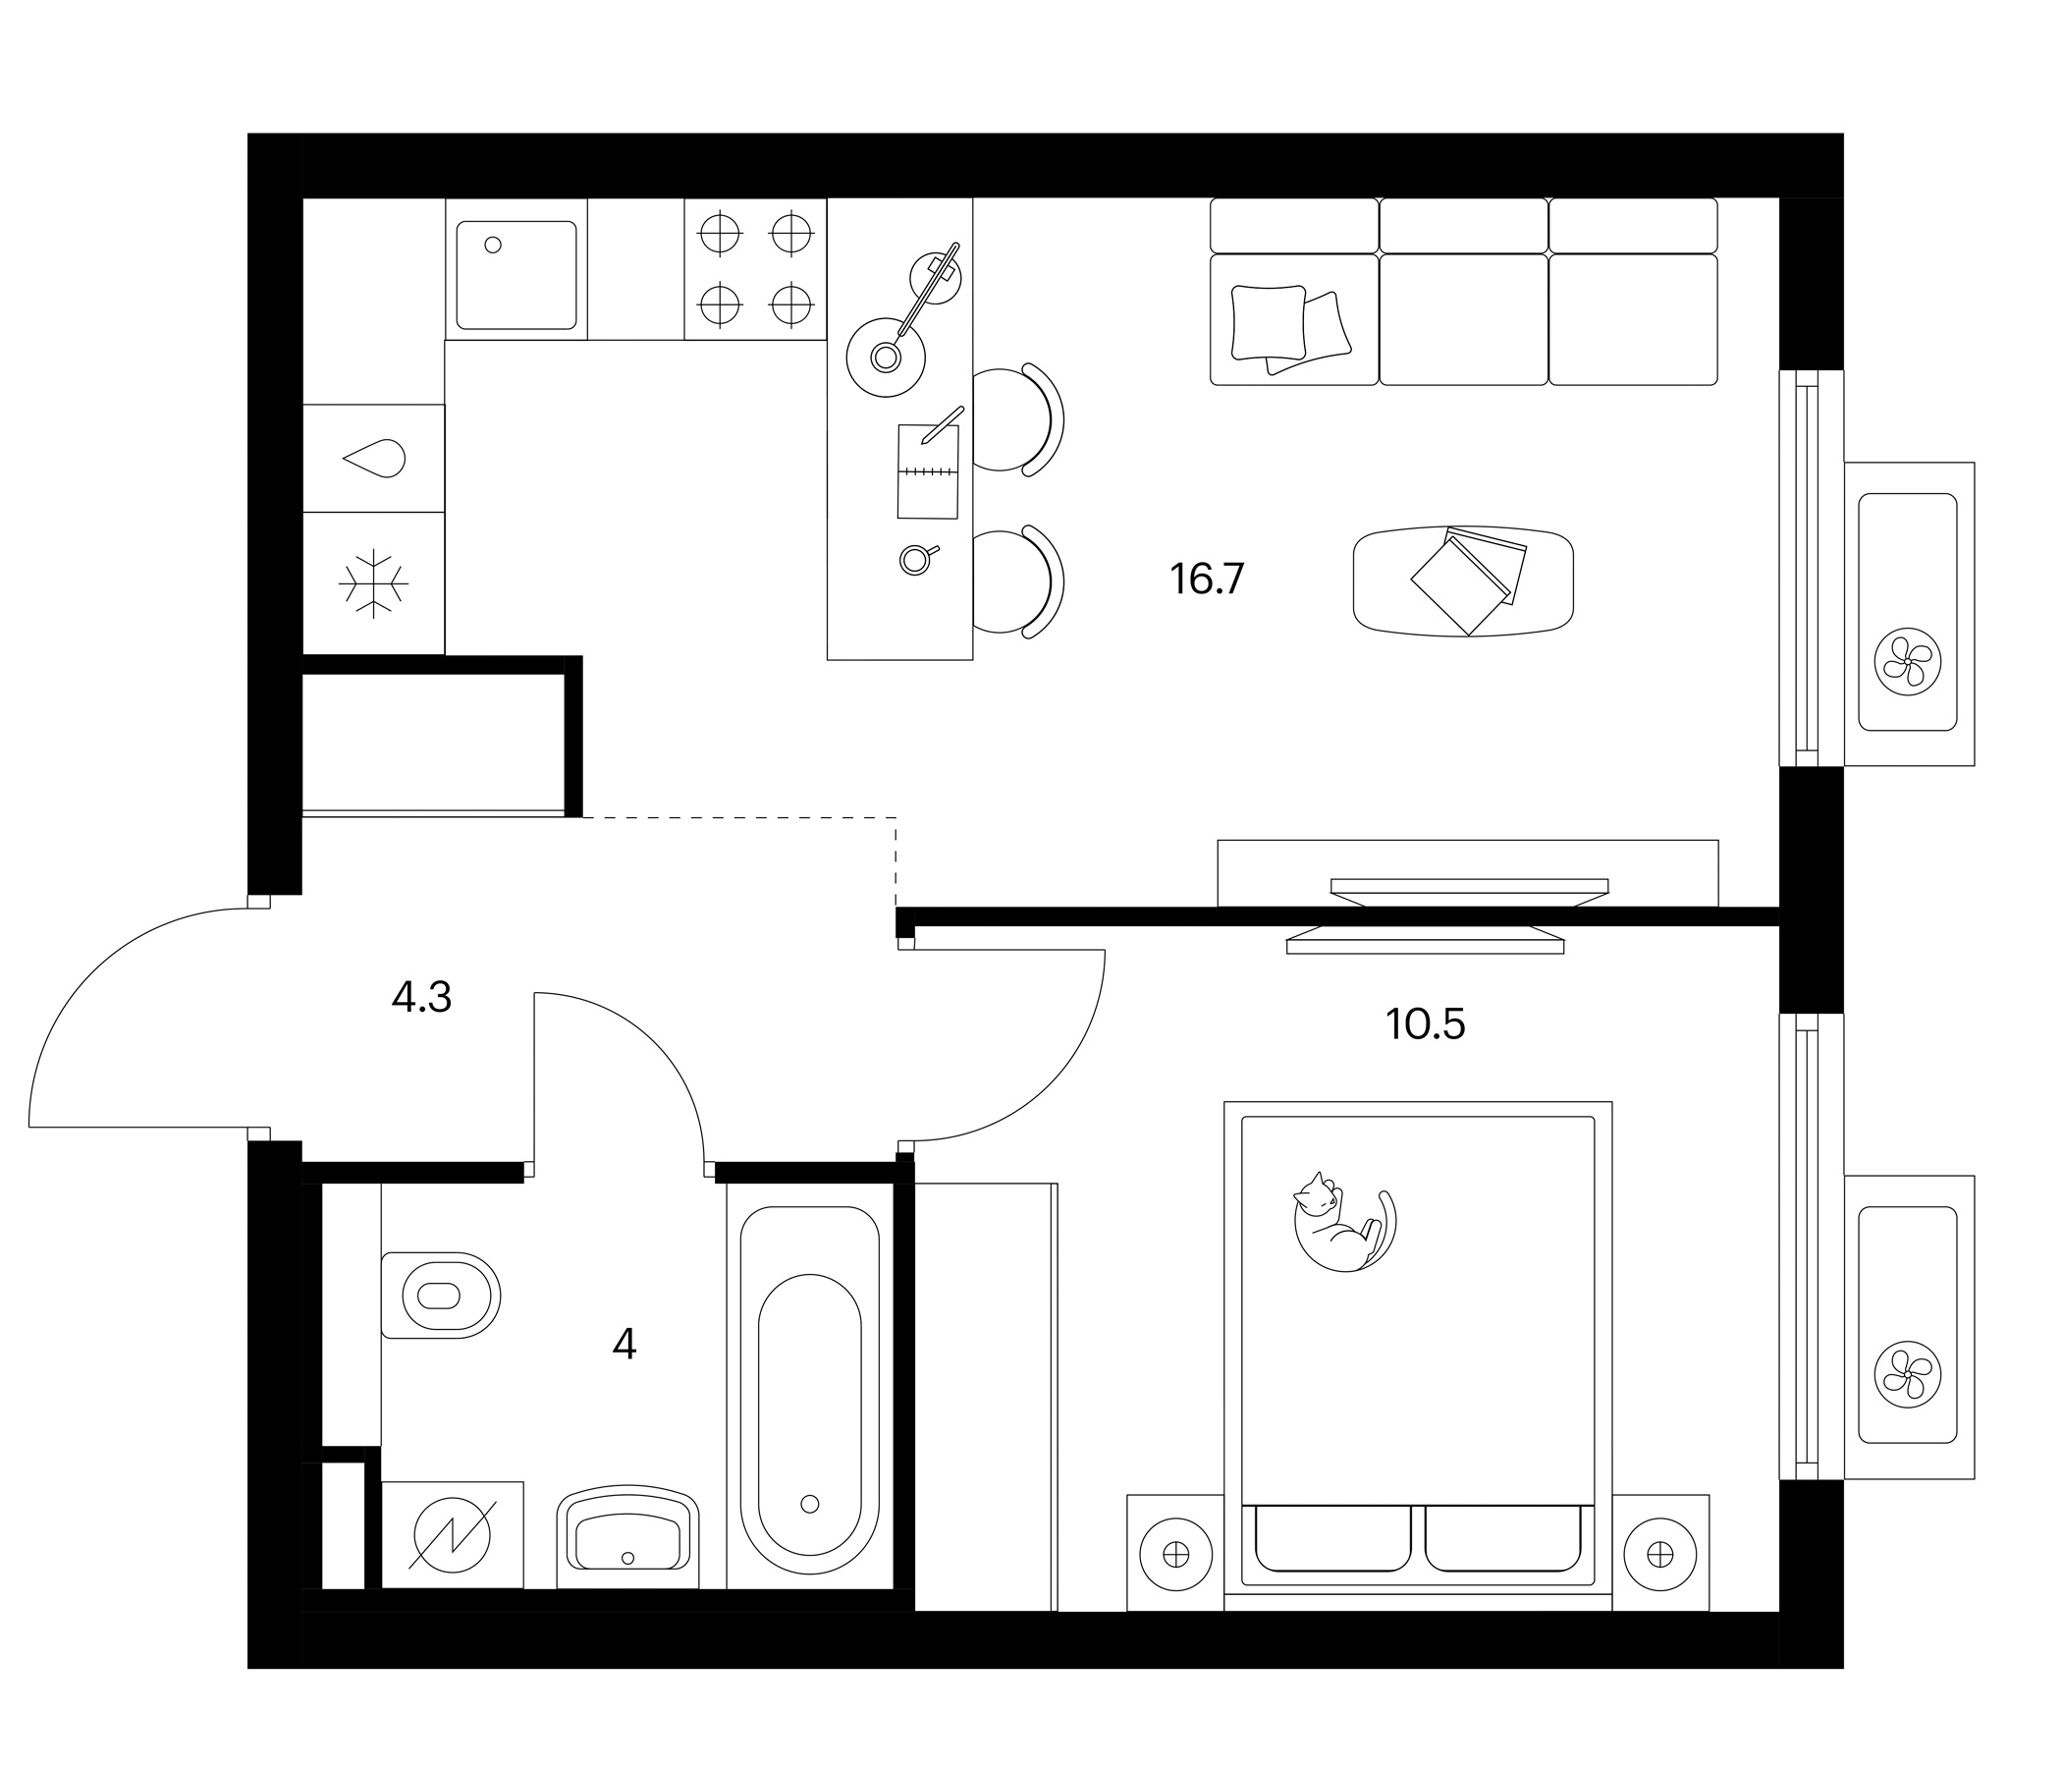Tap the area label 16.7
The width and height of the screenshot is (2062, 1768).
[1207, 579]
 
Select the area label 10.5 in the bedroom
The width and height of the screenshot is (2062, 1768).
[1425, 1023]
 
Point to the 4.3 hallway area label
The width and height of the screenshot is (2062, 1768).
[422, 997]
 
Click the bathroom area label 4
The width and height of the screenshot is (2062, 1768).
[624, 1345]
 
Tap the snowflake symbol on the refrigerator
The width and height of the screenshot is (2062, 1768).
[373, 582]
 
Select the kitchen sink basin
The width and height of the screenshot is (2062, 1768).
[516, 276]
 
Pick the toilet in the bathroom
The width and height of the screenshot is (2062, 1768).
[440, 1296]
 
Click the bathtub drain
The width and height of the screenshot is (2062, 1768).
[809, 1504]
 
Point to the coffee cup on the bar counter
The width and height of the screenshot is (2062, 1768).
[917, 560]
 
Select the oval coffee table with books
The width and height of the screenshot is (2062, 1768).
[1463, 580]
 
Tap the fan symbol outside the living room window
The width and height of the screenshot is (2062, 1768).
[1908, 662]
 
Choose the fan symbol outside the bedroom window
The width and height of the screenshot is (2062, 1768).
[1908, 1374]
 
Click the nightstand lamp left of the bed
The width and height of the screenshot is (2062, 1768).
[1175, 1554]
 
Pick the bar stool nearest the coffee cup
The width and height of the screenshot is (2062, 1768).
[1018, 581]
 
